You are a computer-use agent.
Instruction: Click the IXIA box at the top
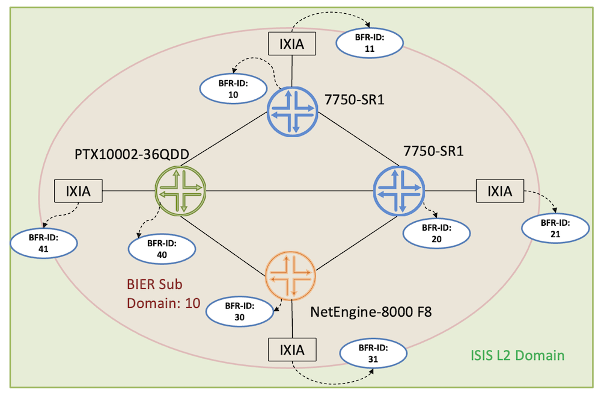pos(291,44)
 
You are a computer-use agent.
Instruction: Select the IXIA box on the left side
pos(78,191)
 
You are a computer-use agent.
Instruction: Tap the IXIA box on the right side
pos(499,191)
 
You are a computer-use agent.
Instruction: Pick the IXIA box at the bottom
pos(291,349)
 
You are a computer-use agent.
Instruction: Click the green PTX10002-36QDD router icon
pos(180,191)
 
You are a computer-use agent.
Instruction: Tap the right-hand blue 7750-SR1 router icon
pos(399,191)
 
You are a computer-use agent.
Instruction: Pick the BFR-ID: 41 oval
pos(44,243)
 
